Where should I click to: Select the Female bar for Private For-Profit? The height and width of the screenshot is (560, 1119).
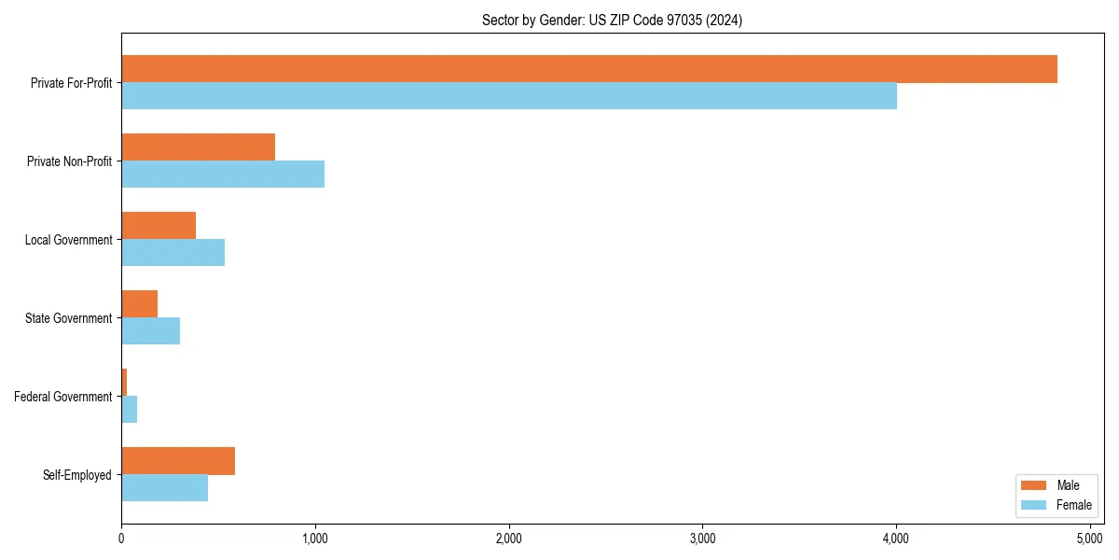pos(509,96)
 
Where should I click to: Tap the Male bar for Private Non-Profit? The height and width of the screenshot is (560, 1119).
pos(198,147)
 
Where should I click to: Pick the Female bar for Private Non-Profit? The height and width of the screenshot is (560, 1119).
pos(223,175)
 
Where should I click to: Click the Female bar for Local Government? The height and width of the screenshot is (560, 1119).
pos(173,253)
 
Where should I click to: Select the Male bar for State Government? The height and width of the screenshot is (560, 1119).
pos(139,304)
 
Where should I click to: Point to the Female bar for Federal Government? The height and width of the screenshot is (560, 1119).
pos(129,410)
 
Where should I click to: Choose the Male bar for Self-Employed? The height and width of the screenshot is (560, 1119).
pos(178,461)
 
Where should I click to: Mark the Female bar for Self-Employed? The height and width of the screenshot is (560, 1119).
pos(164,488)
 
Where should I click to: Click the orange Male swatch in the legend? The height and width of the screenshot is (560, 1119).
pos(1035,485)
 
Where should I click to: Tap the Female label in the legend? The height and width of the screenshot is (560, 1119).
pos(1074,505)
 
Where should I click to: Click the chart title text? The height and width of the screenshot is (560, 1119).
pos(612,20)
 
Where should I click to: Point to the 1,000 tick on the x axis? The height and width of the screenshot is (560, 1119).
pos(315,538)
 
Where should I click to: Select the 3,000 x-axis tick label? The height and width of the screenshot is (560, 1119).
pos(702,538)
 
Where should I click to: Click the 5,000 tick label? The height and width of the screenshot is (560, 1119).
pos(1089,538)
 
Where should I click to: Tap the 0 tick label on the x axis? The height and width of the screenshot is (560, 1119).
pos(121,538)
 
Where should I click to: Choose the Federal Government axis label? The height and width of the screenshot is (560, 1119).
pos(63,397)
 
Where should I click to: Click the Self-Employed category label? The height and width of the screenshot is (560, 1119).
pos(77,475)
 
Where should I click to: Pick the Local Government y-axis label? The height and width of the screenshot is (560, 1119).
pos(69,240)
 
